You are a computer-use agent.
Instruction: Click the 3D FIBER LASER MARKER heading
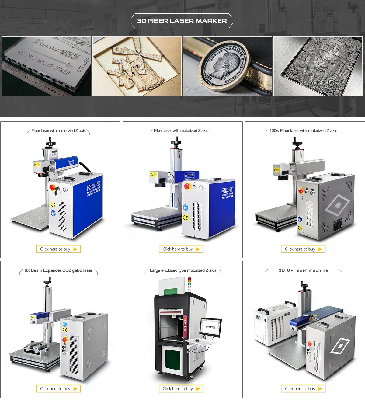pos(182,21)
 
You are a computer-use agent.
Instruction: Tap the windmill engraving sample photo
pos(137,66)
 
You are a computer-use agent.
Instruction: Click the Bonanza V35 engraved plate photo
pos(46,66)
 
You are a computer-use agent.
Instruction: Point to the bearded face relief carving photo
pos(318,66)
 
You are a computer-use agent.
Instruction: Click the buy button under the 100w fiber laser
pos(303,249)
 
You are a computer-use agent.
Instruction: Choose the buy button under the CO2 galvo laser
pos(58,389)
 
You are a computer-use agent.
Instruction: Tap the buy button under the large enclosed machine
pos(181,389)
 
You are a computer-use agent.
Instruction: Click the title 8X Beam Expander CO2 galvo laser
pos(58,270)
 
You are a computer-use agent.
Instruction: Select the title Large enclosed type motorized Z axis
pos(183,270)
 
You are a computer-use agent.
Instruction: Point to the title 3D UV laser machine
pos(303,270)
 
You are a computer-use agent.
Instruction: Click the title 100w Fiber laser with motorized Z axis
pos(303,131)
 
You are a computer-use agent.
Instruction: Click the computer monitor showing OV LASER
pos(210,327)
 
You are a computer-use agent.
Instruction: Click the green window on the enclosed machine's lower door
pos(173,360)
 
